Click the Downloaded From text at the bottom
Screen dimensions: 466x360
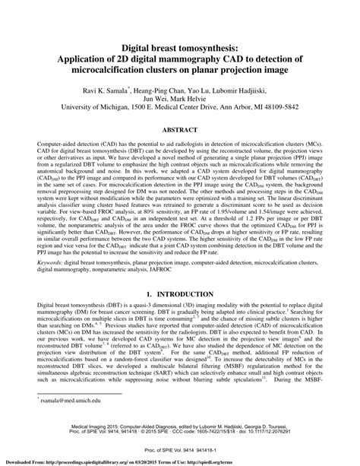click(23, 461)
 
